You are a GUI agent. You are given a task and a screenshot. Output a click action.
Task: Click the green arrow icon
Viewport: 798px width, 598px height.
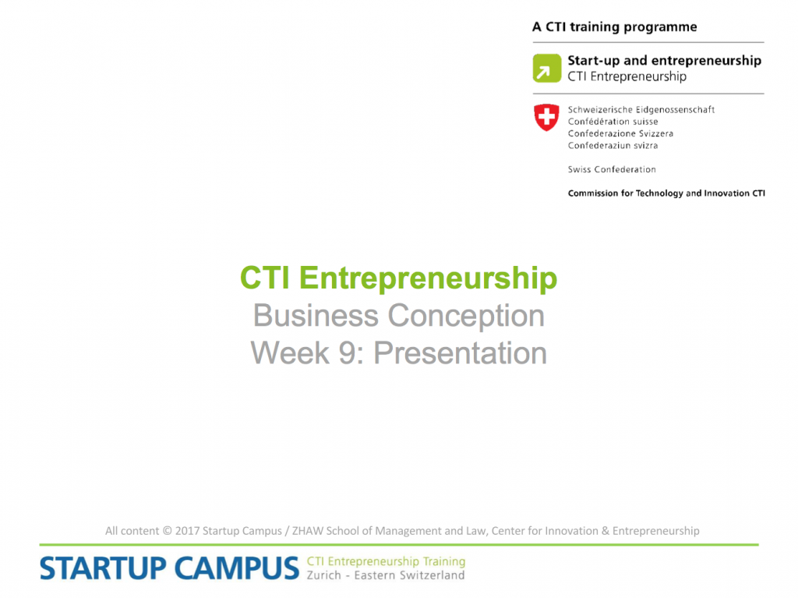(546, 69)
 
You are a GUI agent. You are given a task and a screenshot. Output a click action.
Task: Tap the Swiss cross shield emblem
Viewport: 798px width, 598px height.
(546, 117)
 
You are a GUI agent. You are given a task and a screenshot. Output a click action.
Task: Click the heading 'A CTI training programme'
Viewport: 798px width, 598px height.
(614, 27)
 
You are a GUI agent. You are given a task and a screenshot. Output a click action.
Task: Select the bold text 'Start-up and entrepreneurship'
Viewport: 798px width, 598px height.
(664, 61)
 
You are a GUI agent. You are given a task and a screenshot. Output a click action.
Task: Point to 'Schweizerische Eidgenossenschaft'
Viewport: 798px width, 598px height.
(641, 109)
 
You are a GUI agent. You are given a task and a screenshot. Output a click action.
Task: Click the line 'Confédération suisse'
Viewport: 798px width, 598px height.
(613, 122)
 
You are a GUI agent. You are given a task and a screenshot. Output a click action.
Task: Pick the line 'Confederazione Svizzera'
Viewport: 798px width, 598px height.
(620, 133)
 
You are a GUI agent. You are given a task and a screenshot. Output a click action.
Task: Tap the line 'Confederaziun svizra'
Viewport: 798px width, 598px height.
(613, 146)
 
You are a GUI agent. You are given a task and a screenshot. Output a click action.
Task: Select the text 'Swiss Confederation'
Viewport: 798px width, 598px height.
(612, 170)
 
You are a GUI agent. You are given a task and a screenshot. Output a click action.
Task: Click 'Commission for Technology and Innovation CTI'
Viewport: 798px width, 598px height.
(666, 193)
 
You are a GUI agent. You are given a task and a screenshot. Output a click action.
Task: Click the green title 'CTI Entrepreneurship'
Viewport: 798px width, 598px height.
(398, 278)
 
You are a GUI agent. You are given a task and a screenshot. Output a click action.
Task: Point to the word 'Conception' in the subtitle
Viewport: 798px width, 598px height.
(466, 316)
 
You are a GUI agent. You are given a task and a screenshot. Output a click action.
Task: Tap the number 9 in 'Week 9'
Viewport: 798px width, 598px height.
(347, 352)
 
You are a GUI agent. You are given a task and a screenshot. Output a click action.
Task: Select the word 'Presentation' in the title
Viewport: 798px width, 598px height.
(460, 352)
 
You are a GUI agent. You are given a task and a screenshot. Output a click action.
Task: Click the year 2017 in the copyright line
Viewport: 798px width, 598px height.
(187, 531)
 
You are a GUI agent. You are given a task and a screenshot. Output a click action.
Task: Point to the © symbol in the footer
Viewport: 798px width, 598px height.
(167, 531)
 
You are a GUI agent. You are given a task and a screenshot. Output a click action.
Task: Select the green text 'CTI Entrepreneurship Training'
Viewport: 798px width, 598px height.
(386, 561)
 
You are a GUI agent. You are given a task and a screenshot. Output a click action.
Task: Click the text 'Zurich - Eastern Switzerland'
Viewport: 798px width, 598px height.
(385, 575)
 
